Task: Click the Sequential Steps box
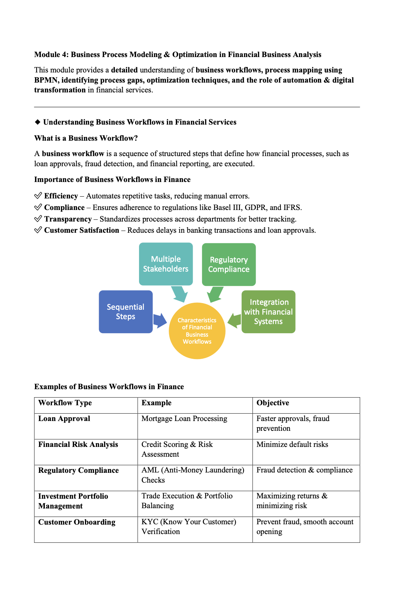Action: pos(125,311)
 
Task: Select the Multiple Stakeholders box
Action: pos(166,264)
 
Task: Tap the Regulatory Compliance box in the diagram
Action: pos(229,264)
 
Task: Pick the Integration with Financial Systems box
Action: pos(268,311)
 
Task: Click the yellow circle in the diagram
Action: pos(197,331)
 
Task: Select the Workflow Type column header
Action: pos(65,403)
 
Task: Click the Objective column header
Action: pos(273,403)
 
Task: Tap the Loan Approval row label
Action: pos(64,419)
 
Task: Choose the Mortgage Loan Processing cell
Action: pos(184,419)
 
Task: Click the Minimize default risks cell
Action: pos(292,444)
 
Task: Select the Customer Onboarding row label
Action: pos(77,522)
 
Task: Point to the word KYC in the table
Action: pos(150,522)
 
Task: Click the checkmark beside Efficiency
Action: pos(38,196)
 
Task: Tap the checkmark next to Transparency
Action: pos(38,219)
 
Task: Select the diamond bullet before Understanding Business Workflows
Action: pos(38,122)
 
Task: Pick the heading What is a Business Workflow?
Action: pos(86,138)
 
